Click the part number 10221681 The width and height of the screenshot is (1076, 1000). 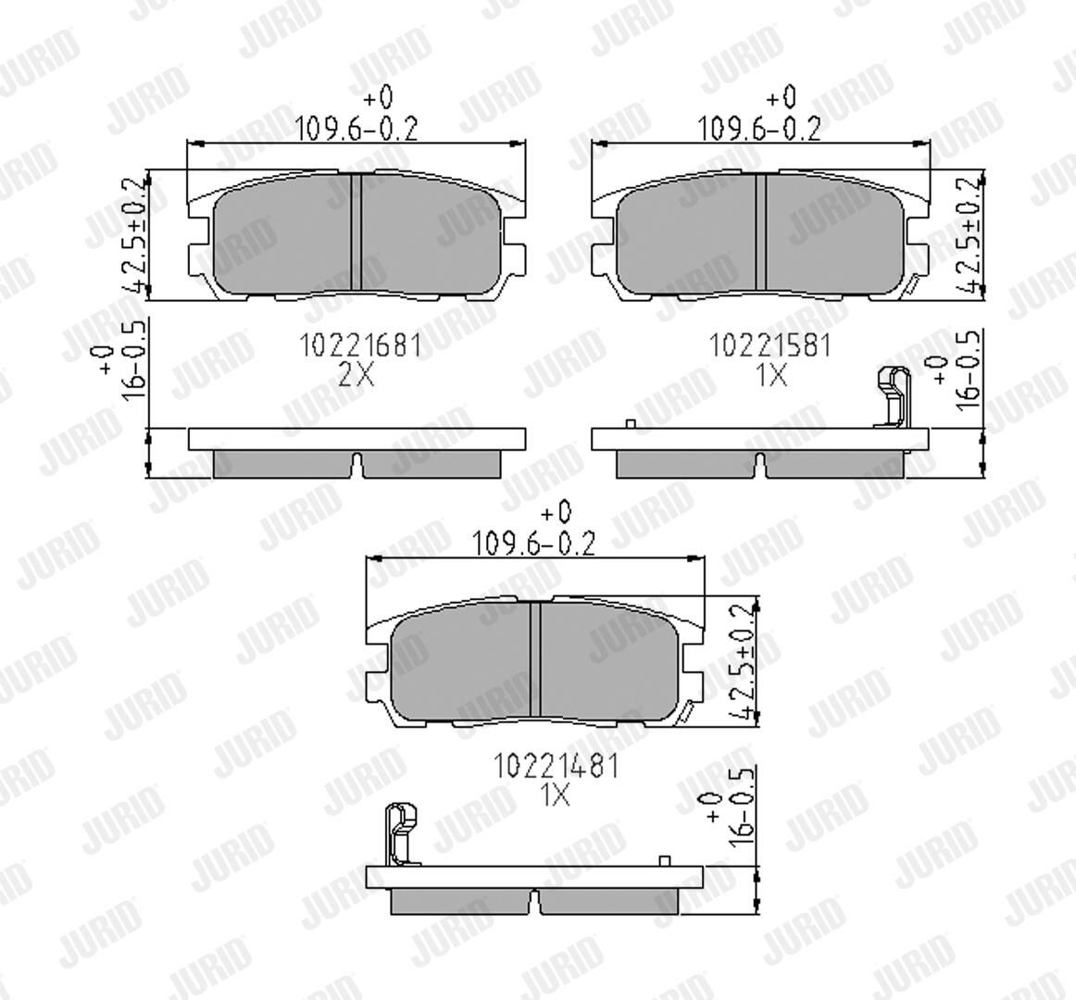[x=360, y=345]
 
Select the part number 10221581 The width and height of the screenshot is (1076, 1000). [x=769, y=345]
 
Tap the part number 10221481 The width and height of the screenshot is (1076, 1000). [x=557, y=766]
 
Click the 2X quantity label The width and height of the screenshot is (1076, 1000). [x=357, y=375]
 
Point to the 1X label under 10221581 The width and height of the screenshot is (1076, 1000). [x=771, y=375]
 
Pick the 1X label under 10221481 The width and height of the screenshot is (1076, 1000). [x=556, y=794]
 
